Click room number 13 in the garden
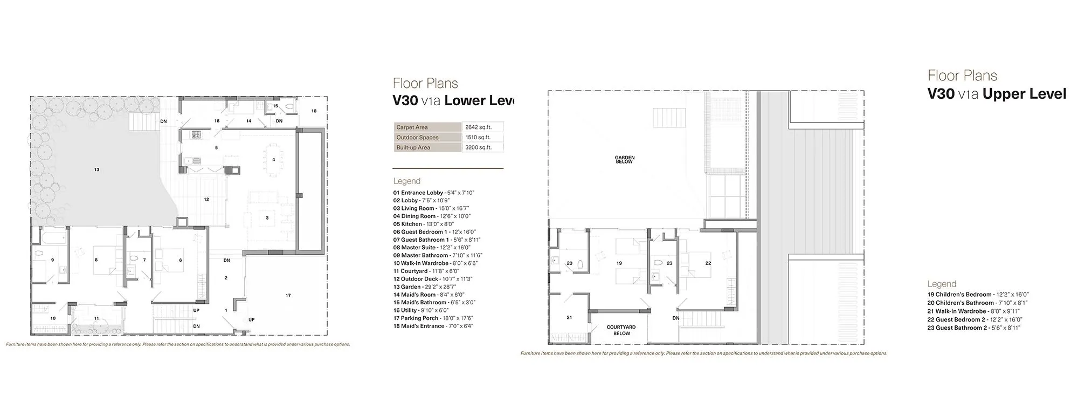point(96,169)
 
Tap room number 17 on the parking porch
point(288,295)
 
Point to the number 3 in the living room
point(267,218)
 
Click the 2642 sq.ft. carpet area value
point(476,127)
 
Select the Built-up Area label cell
point(413,147)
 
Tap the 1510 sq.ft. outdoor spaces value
point(478,138)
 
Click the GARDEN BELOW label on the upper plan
point(625,160)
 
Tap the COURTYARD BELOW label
point(621,330)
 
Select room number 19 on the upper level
point(619,263)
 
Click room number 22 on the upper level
point(708,263)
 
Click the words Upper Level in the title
point(1024,94)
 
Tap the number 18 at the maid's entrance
point(314,111)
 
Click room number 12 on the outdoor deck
point(206,200)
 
